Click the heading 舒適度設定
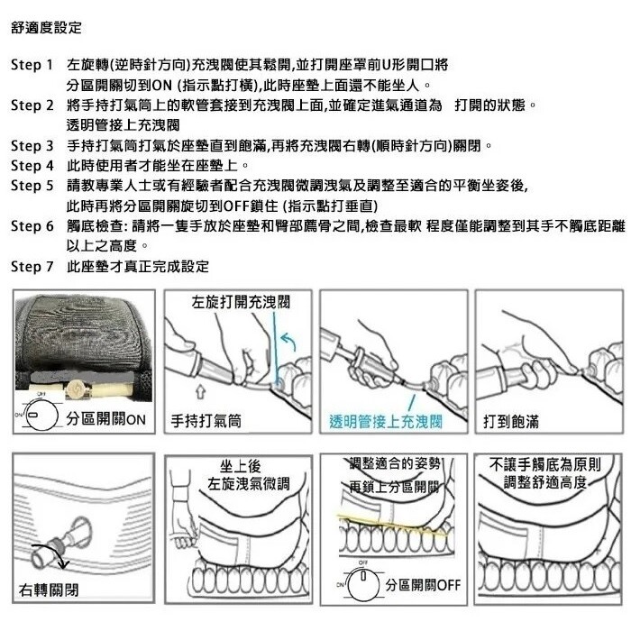(x=46, y=28)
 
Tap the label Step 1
(x=32, y=65)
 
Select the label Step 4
(x=32, y=165)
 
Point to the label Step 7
(x=32, y=267)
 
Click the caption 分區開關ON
(x=105, y=419)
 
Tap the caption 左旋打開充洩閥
(x=241, y=302)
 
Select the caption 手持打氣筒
(x=206, y=421)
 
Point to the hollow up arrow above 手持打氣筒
(x=201, y=391)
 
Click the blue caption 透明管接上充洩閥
(x=386, y=421)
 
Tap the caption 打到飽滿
(x=511, y=421)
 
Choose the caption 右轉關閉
(x=49, y=590)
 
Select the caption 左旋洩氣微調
(x=248, y=483)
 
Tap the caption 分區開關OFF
(x=423, y=585)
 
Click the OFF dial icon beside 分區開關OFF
(x=363, y=583)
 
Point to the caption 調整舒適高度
(x=545, y=481)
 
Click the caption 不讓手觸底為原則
(x=545, y=464)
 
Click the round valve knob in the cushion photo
(x=75, y=389)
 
